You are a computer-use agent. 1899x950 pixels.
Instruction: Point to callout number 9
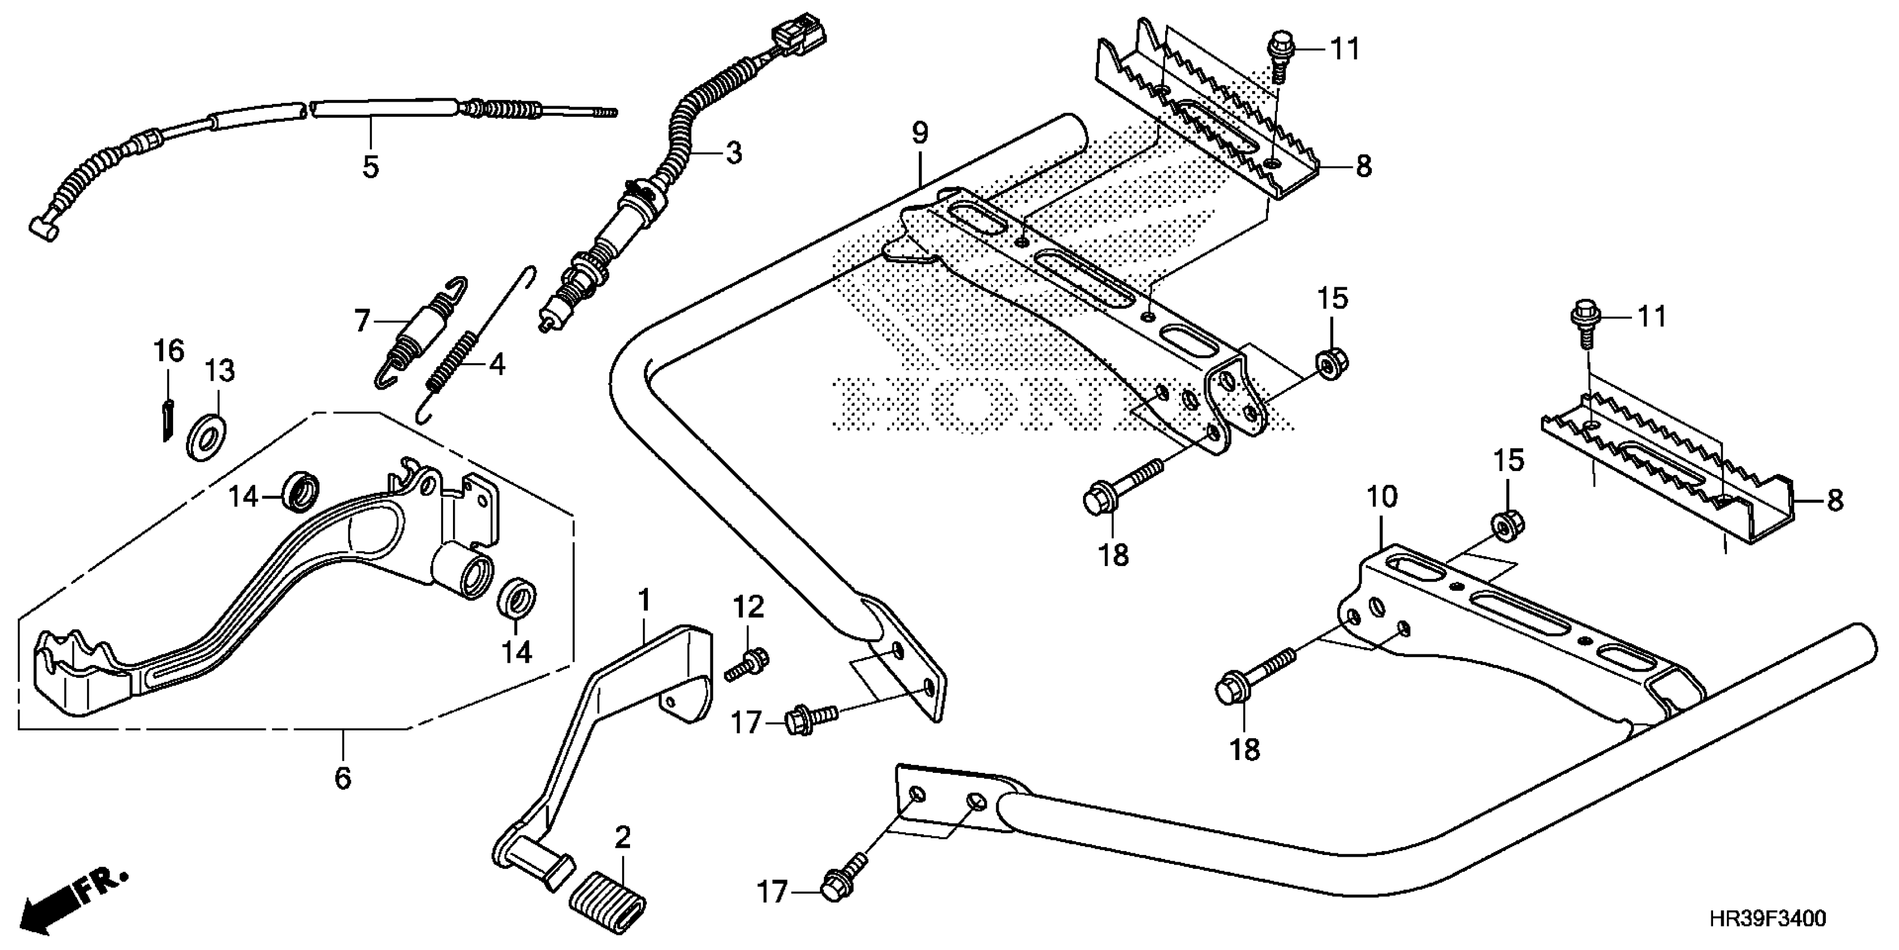[919, 134]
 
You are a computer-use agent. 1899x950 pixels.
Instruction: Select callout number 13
[220, 370]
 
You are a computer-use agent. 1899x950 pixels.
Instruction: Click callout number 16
[169, 351]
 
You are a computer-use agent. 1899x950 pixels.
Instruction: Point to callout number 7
[361, 321]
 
